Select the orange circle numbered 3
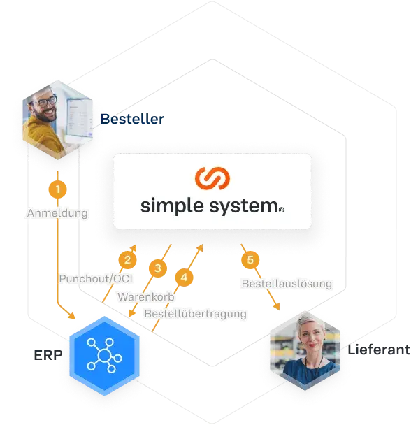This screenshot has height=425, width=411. coord(159,268)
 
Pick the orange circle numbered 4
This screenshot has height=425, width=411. coord(184,277)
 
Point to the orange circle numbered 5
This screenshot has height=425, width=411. coord(252,260)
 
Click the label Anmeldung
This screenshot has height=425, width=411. coord(57,213)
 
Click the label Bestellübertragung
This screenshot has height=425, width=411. coord(196,314)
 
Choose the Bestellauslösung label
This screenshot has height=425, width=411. coord(286,284)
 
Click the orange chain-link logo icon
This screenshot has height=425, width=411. coord(212,179)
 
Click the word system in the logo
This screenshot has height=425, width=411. coord(242,207)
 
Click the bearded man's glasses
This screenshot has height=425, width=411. coord(45,102)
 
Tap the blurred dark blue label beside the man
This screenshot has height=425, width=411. coord(133,120)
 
